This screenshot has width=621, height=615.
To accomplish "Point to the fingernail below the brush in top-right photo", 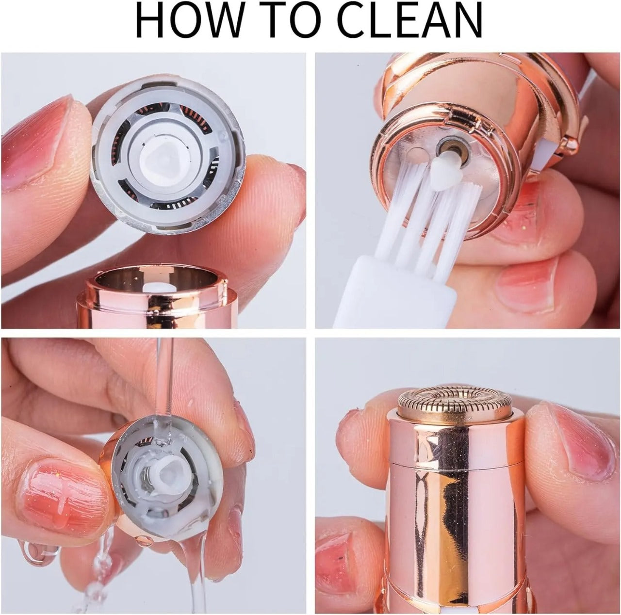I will [x=529, y=281].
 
